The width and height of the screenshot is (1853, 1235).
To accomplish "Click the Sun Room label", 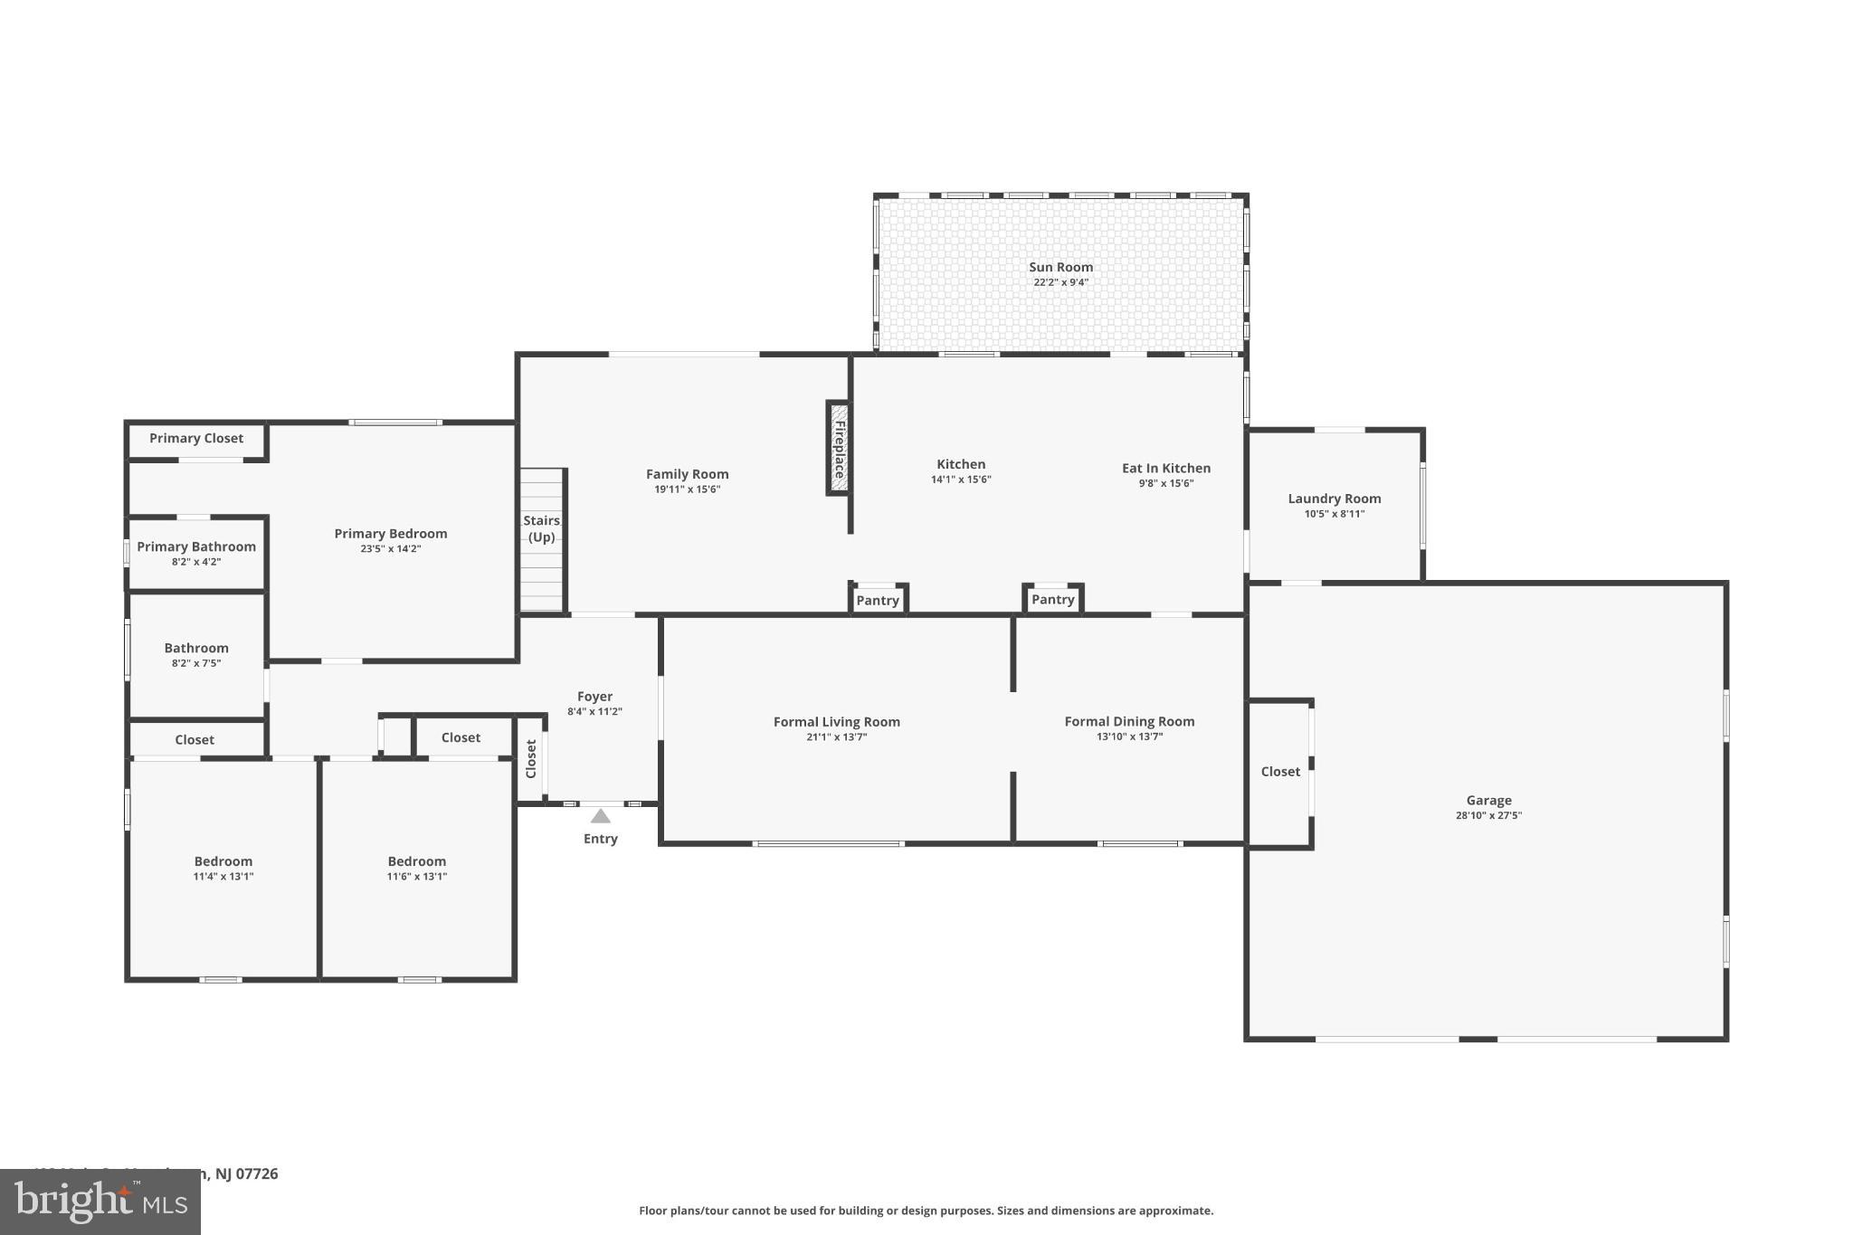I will tap(1060, 267).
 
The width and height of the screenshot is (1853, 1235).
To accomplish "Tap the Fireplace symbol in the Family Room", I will tap(839, 449).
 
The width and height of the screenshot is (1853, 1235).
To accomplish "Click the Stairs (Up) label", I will tap(541, 528).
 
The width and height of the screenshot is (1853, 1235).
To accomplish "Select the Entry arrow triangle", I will tap(600, 816).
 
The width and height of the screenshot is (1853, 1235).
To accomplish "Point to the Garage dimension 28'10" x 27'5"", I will tap(1488, 815).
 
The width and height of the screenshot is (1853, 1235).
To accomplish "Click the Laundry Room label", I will tap(1334, 499).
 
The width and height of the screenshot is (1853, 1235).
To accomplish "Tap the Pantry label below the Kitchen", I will tap(877, 600).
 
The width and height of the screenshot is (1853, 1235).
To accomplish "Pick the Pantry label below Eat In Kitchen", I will tap(1052, 599).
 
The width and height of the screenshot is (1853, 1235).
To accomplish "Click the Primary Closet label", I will tap(195, 438).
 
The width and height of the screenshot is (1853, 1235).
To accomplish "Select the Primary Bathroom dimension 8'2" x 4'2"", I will tap(195, 562).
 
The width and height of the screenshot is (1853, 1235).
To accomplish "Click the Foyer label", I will tap(594, 697).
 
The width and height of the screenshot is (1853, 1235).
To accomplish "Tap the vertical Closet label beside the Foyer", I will tap(531, 758).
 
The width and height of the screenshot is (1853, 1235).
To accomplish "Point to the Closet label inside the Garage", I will tap(1279, 772).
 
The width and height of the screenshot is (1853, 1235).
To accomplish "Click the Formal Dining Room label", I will tap(1128, 721).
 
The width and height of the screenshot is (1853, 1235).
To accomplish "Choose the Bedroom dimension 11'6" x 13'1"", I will tap(416, 876).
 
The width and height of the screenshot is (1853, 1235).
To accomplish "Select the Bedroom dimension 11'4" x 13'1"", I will tap(223, 876).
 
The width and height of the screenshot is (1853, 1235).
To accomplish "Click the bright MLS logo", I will tap(100, 1202).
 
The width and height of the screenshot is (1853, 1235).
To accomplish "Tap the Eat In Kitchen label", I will tap(1165, 468).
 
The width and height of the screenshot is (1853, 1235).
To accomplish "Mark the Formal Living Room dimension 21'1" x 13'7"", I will tap(836, 737).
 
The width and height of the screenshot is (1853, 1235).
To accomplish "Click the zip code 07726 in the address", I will tap(257, 1173).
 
